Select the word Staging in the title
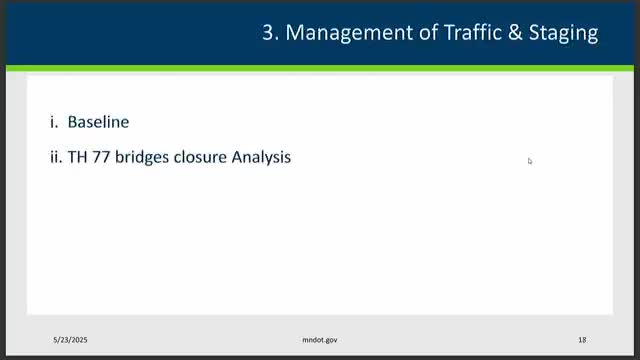coord(563,33)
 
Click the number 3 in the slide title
coord(267,33)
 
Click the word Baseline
coord(98,122)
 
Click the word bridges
coord(145,157)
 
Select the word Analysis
coord(262,157)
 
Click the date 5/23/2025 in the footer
coord(74,340)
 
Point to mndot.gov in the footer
coord(321,340)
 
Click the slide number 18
coord(582,340)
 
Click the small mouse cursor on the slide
coord(530,160)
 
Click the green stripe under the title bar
coord(320,68)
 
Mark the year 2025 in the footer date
coord(84,340)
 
